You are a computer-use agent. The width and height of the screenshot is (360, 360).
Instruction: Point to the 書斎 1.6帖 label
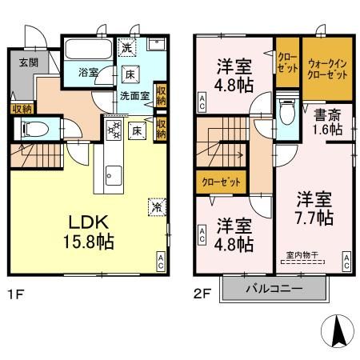tap(327, 122)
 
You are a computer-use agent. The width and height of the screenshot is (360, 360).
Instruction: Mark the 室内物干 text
tap(301, 256)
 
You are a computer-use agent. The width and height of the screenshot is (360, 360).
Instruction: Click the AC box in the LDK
tap(161, 259)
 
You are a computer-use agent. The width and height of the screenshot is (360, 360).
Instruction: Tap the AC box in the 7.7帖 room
tap(346, 260)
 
